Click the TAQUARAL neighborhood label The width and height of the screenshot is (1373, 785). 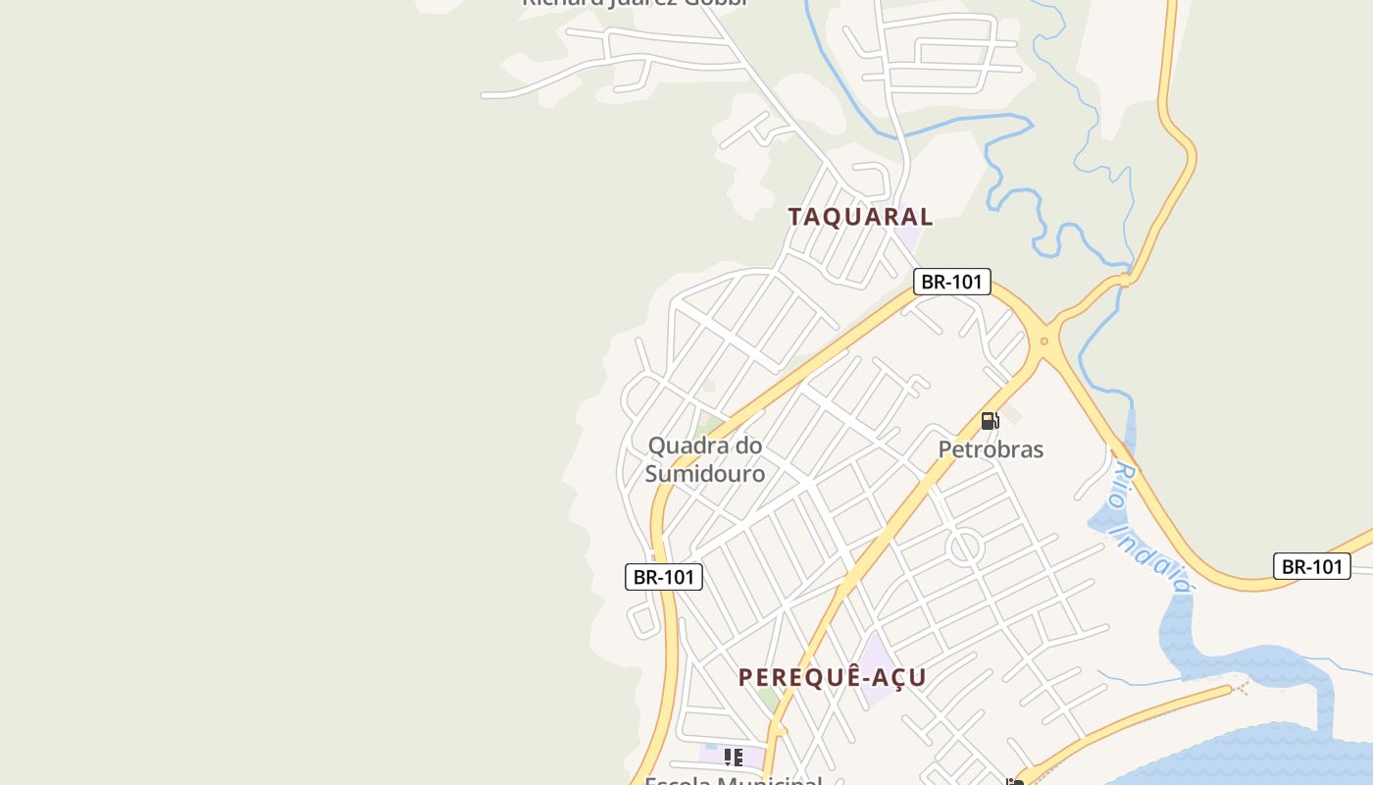click(860, 217)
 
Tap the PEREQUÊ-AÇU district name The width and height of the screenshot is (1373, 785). click(832, 677)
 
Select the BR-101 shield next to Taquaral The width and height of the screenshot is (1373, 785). click(951, 282)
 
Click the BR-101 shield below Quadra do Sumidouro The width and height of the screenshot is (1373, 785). click(664, 577)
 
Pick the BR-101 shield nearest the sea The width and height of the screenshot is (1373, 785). click(1311, 566)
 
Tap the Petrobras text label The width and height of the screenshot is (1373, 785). click(991, 449)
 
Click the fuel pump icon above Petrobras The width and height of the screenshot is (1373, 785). click(991, 421)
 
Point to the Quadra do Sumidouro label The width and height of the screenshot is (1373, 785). click(705, 459)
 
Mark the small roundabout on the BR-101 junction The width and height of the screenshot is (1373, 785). click(1043, 341)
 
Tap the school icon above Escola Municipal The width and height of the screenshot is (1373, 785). click(733, 757)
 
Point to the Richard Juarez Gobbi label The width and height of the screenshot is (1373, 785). click(635, 3)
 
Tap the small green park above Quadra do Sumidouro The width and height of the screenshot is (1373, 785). click(708, 427)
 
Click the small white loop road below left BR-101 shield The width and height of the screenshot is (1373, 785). click(642, 620)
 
